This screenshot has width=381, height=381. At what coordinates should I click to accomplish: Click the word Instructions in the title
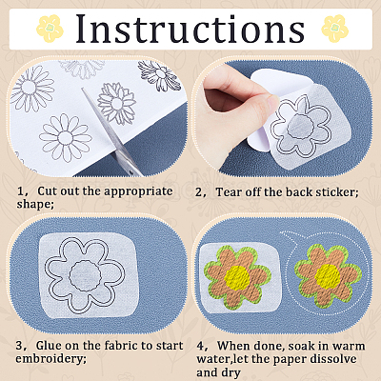coord(190,29)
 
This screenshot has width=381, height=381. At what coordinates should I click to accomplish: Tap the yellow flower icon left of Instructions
coord(50,29)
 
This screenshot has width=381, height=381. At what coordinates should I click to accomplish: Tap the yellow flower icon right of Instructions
coord(335,29)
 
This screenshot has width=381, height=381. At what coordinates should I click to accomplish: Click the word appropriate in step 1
coord(138,191)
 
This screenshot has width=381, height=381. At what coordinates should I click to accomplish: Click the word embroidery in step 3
coord(50,359)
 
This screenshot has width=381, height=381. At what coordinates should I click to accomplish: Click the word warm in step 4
coord(349,346)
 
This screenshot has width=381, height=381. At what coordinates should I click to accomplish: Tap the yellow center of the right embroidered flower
coord(328,276)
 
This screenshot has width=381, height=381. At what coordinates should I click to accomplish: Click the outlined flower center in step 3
coord(86,275)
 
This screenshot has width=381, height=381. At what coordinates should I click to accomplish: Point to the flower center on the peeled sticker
coord(300,128)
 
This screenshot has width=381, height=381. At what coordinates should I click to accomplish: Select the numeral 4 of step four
coord(200,346)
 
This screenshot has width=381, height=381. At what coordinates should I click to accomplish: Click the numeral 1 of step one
coord(21,191)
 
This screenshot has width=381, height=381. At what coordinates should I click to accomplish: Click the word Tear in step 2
coord(228,192)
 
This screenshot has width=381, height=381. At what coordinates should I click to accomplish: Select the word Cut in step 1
coord(48,191)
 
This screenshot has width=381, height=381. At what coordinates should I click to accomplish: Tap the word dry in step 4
coord(231,372)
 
